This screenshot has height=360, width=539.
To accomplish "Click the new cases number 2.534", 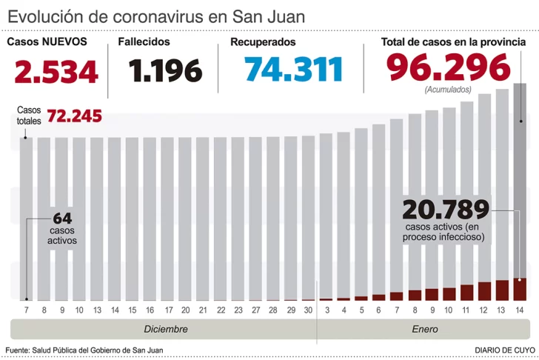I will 56,72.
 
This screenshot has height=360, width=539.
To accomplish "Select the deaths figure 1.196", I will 165,72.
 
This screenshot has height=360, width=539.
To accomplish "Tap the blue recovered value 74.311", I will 294,70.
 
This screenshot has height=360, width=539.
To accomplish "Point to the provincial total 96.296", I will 448,69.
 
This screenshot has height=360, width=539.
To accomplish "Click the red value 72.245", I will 74,116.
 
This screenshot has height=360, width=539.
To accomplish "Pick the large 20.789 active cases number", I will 446,209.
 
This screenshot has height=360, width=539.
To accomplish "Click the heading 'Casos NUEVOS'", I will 47,42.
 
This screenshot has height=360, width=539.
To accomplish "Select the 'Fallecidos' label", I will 144,42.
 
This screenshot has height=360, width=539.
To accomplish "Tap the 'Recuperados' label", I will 263,42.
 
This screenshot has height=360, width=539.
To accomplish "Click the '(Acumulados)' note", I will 448,90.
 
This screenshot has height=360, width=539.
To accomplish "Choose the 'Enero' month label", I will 424,329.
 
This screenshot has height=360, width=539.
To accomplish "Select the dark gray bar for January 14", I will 520,178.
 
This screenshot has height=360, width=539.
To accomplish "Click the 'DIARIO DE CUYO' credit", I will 504,350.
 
